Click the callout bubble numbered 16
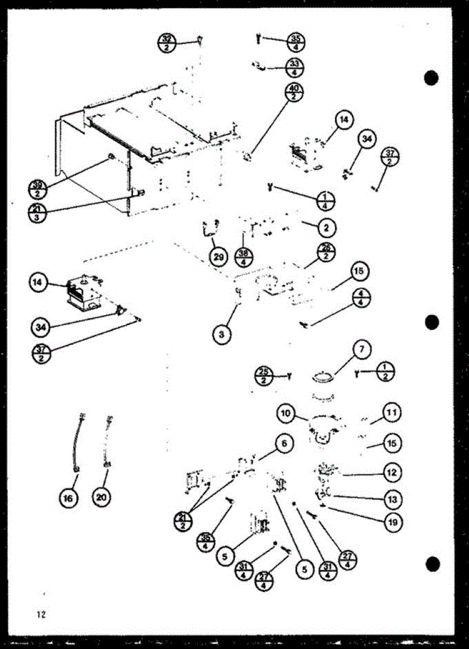[68, 499]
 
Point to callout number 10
[286, 415]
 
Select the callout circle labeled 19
[391, 522]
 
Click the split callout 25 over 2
[265, 375]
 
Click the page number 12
[40, 614]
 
